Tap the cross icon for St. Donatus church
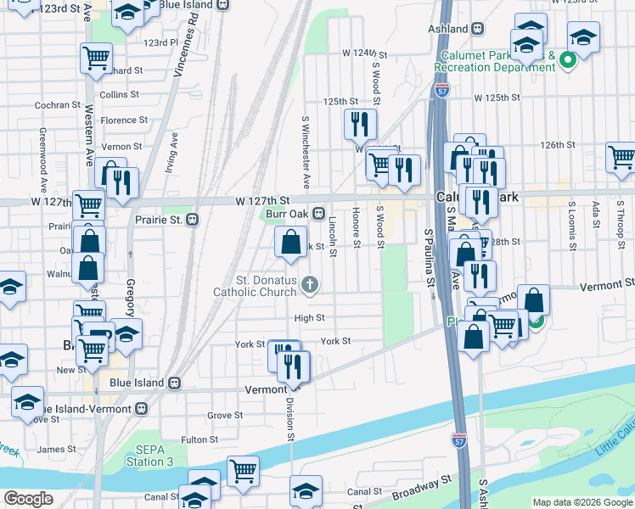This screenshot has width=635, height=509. [311, 284]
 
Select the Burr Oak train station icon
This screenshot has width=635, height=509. [319, 214]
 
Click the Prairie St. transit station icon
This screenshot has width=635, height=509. [193, 219]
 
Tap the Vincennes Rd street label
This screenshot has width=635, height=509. [186, 50]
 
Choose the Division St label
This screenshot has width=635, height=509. [290, 420]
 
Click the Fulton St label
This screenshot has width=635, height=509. [200, 439]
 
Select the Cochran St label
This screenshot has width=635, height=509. [58, 105]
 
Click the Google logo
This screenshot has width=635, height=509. [29, 499]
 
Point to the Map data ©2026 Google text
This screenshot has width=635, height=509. [582, 502]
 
